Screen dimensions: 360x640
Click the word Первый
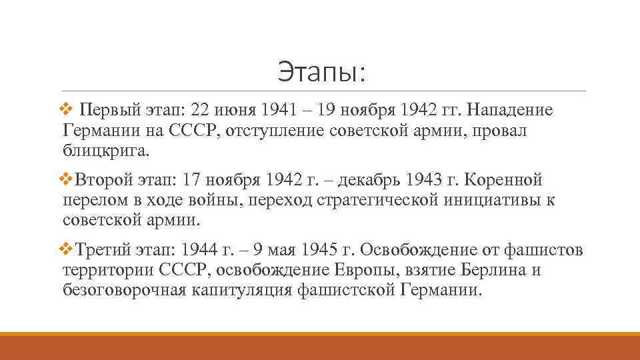103,109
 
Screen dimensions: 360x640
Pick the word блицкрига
106,151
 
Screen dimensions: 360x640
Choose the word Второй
100,180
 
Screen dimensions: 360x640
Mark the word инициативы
491,201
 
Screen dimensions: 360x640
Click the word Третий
101,250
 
